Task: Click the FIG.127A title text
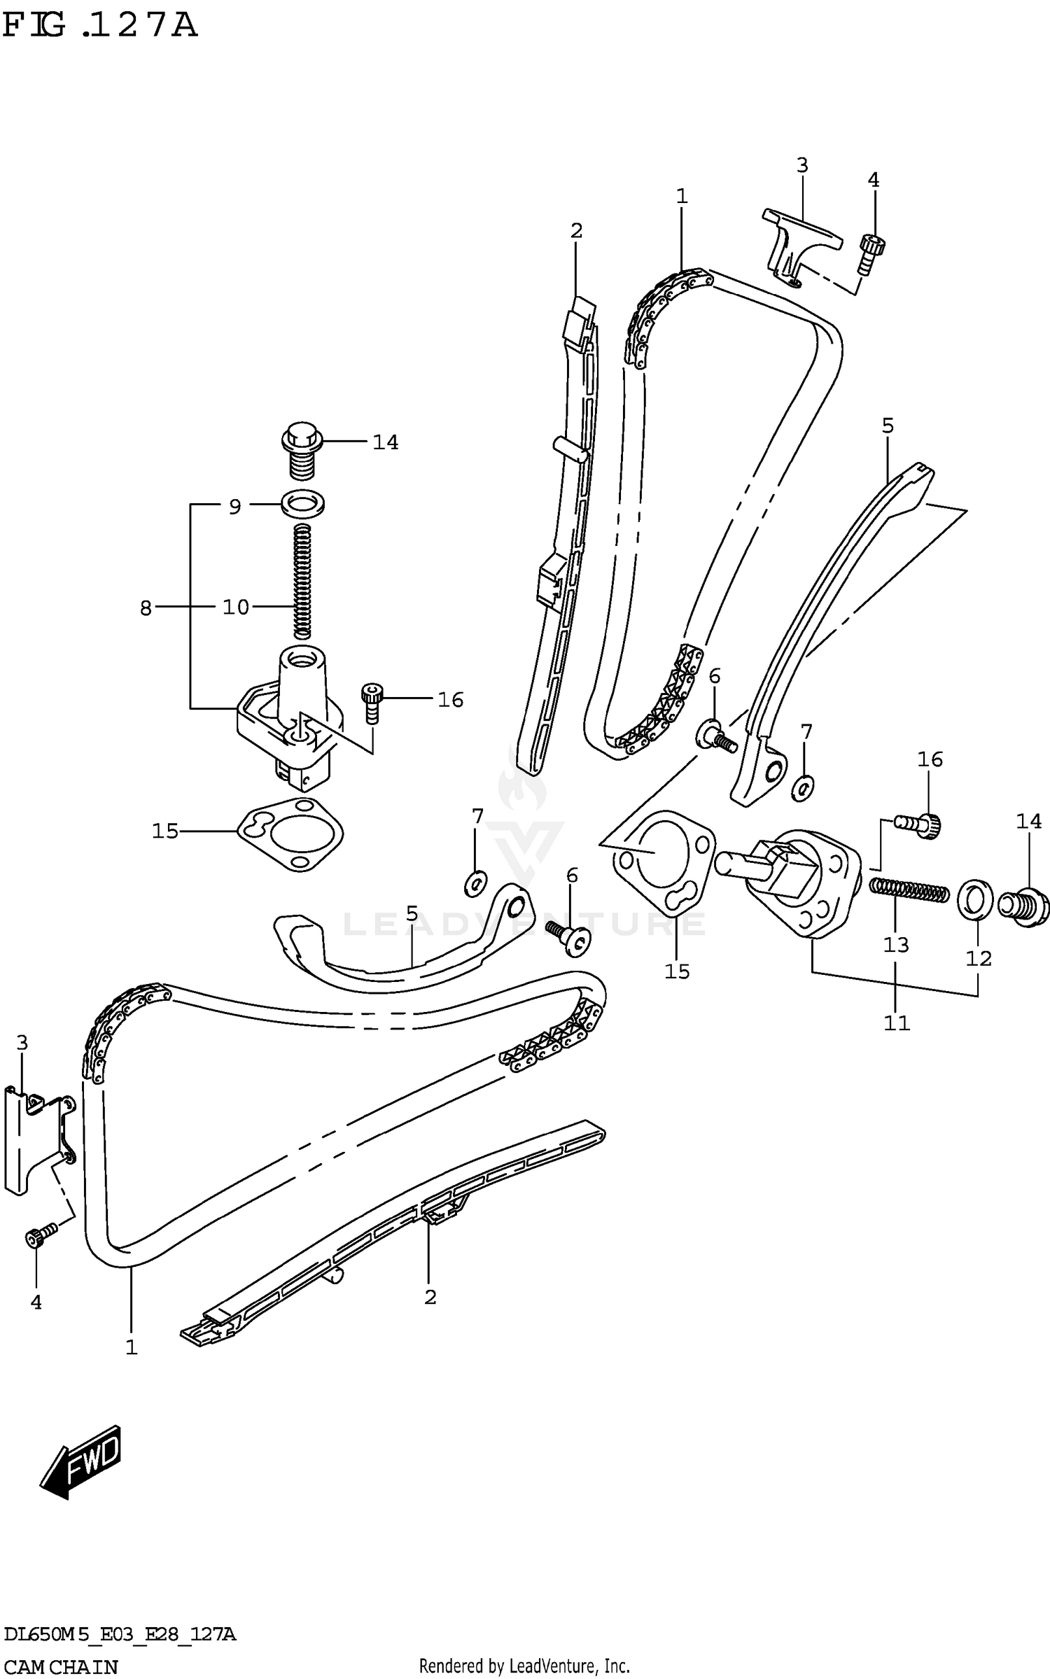click(x=100, y=26)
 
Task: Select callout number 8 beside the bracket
click(x=146, y=608)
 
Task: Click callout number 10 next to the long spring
click(x=236, y=607)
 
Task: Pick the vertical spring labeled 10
click(x=302, y=581)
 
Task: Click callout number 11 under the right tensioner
click(x=896, y=1023)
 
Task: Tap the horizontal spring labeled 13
click(x=909, y=891)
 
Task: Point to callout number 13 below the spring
click(x=895, y=946)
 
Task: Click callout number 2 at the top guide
click(x=576, y=230)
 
